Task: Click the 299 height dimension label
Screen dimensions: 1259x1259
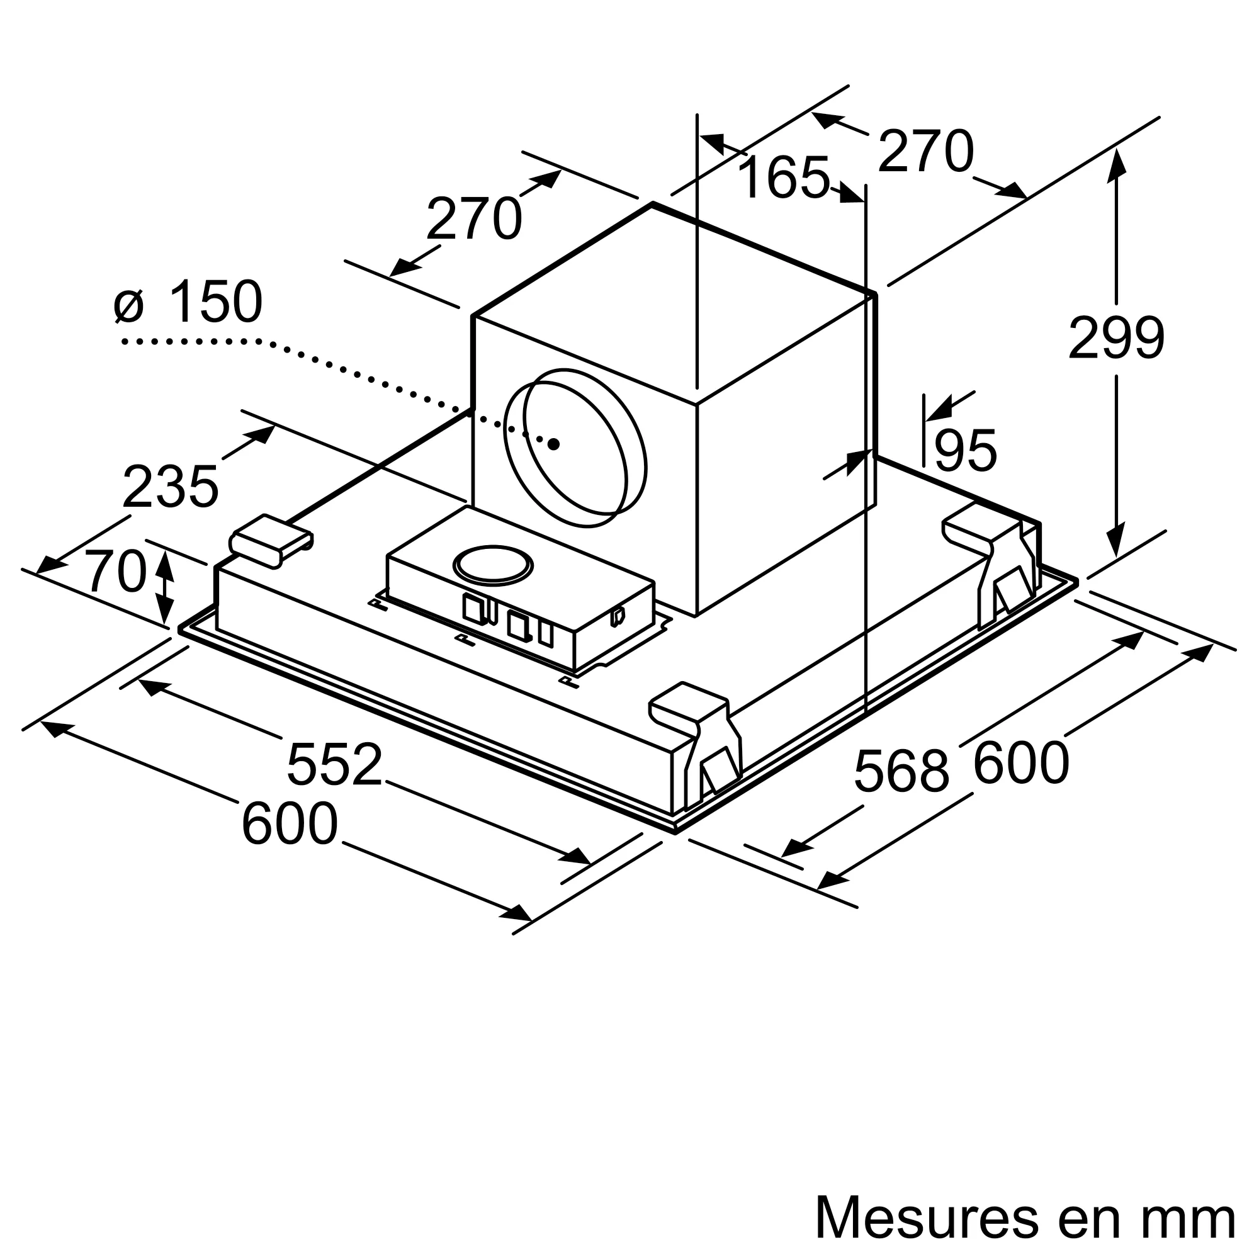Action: pos(1115,337)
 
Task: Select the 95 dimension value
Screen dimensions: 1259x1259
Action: pos(964,450)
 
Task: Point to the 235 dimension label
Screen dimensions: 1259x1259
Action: pos(170,487)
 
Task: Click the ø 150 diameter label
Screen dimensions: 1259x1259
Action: pos(188,302)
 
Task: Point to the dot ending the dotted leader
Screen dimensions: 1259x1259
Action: pos(554,444)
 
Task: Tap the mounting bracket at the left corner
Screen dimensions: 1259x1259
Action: pos(271,540)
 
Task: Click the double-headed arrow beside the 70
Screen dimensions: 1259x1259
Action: pos(165,587)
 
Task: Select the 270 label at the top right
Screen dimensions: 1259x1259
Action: pos(925,152)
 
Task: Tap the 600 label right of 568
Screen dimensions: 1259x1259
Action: pos(1021,762)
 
